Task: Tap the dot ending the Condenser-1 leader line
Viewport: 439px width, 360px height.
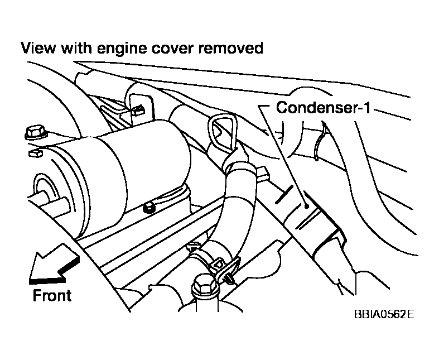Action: (307, 206)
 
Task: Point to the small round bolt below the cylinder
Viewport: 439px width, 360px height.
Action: (149, 208)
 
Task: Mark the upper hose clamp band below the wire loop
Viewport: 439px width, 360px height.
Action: (237, 164)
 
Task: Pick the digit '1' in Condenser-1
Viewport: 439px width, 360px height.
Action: (368, 107)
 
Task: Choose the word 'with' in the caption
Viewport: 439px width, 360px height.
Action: (76, 48)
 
